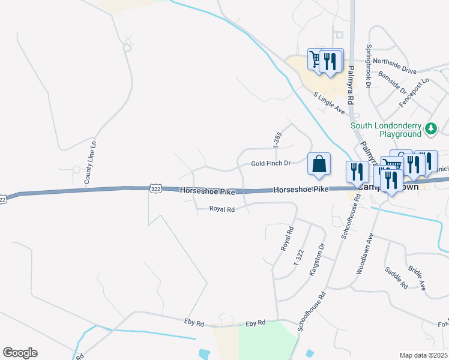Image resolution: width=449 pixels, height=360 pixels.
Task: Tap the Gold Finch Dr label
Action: (x=271, y=163)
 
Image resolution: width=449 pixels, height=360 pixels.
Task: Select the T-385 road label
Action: (x=277, y=140)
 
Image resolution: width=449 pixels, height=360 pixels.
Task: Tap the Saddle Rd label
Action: (x=397, y=277)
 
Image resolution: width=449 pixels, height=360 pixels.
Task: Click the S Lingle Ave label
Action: (x=330, y=103)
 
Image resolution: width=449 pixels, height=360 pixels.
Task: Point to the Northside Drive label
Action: (x=394, y=65)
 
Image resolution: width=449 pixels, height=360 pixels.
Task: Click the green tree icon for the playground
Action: (x=430, y=128)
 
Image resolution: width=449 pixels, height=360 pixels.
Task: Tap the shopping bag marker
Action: (x=319, y=164)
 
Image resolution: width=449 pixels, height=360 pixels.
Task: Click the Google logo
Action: (x=20, y=353)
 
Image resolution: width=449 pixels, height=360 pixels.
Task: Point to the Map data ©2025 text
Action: (x=424, y=356)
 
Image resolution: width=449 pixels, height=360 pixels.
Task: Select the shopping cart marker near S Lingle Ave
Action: (x=316, y=59)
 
